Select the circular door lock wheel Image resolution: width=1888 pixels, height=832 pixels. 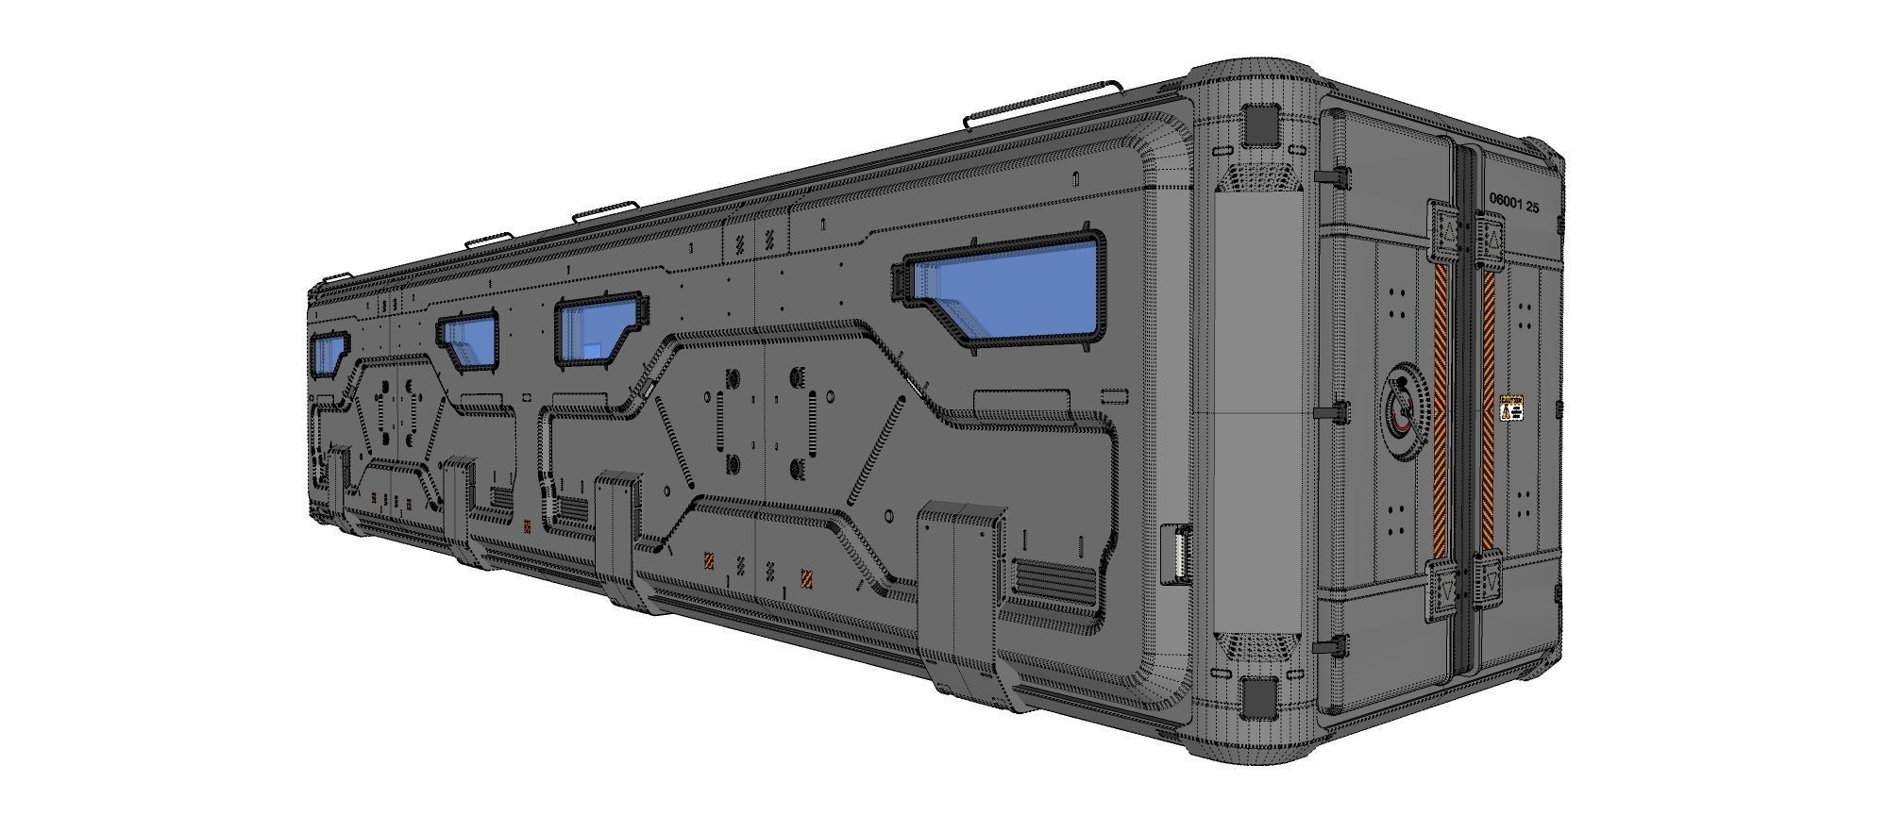pos(1403,411)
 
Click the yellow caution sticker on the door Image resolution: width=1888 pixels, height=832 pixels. pos(1511,408)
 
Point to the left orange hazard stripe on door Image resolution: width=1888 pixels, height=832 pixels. pos(1441,411)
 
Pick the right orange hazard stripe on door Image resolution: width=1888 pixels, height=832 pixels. pos(1489,411)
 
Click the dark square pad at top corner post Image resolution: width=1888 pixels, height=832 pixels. pos(1260,125)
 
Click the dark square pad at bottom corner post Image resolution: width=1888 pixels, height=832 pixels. pos(1259,698)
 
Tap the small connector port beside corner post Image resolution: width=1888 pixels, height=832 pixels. pos(1176,556)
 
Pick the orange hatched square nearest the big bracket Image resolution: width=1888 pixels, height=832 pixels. pos(808,578)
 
